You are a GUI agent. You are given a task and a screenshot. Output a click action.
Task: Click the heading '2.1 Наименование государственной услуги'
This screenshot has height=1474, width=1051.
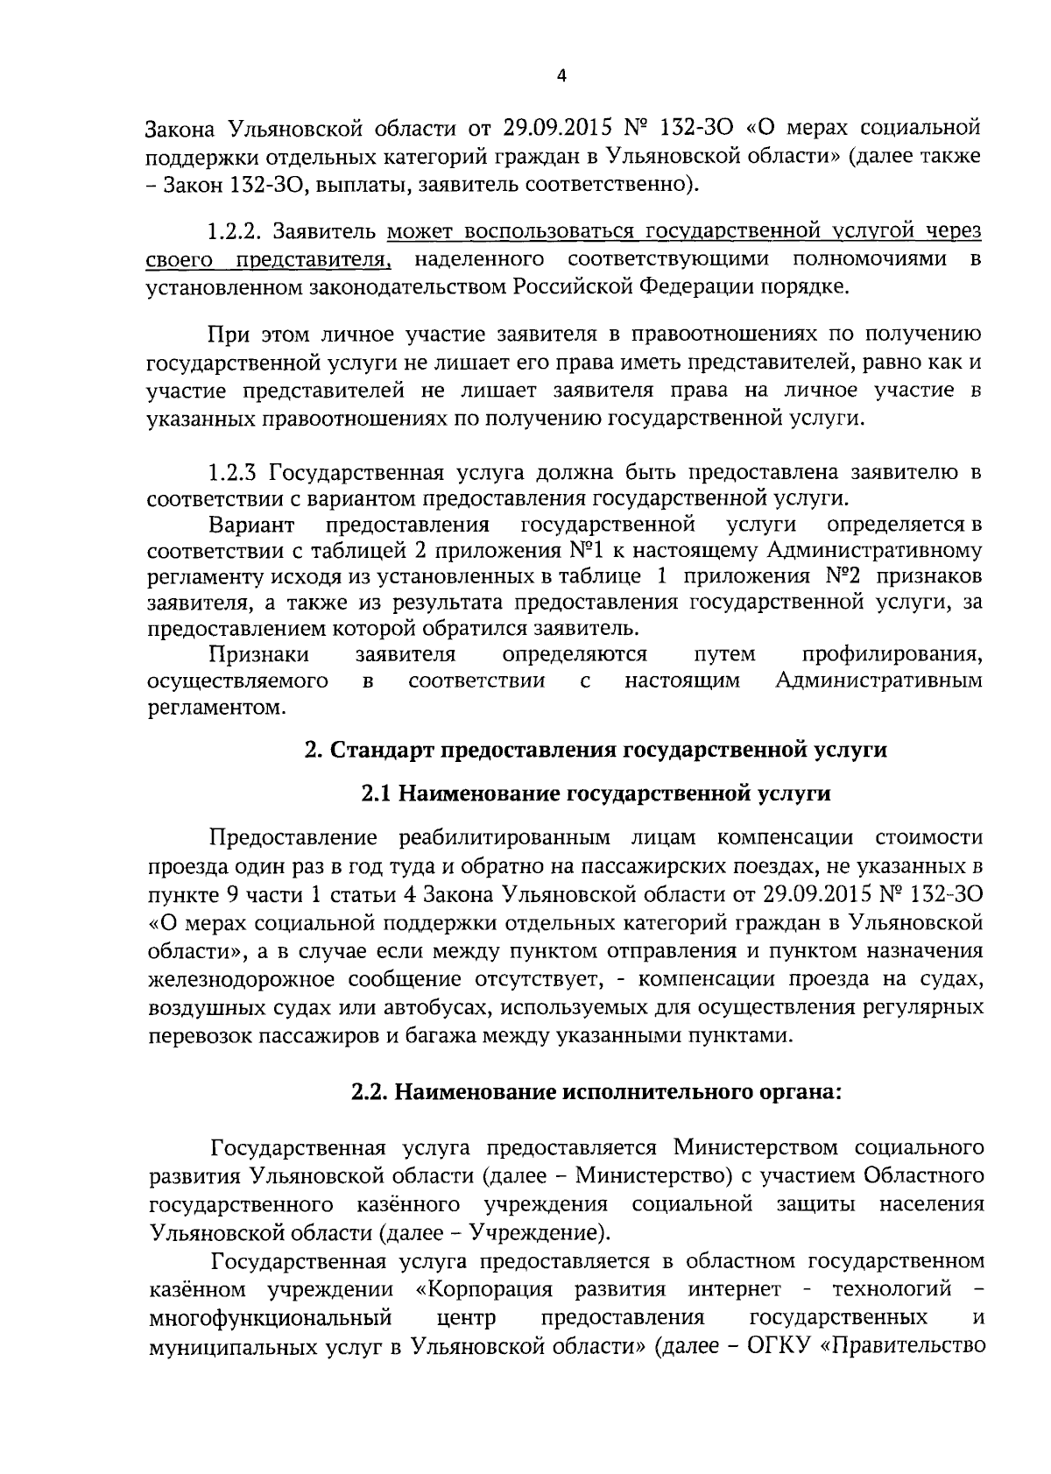pos(595,793)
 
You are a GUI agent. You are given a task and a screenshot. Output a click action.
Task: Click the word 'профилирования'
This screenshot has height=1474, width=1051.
pos(892,655)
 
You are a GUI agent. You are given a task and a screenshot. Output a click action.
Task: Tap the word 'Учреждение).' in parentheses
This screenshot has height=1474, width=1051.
pos(540,1233)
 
